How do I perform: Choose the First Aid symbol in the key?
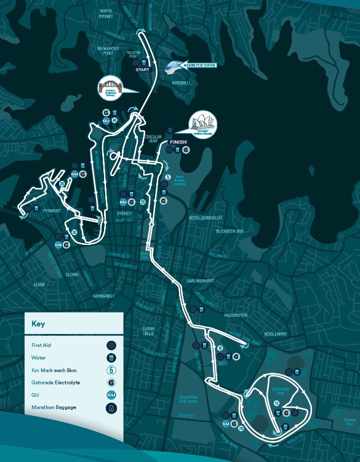[x=111, y=346]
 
